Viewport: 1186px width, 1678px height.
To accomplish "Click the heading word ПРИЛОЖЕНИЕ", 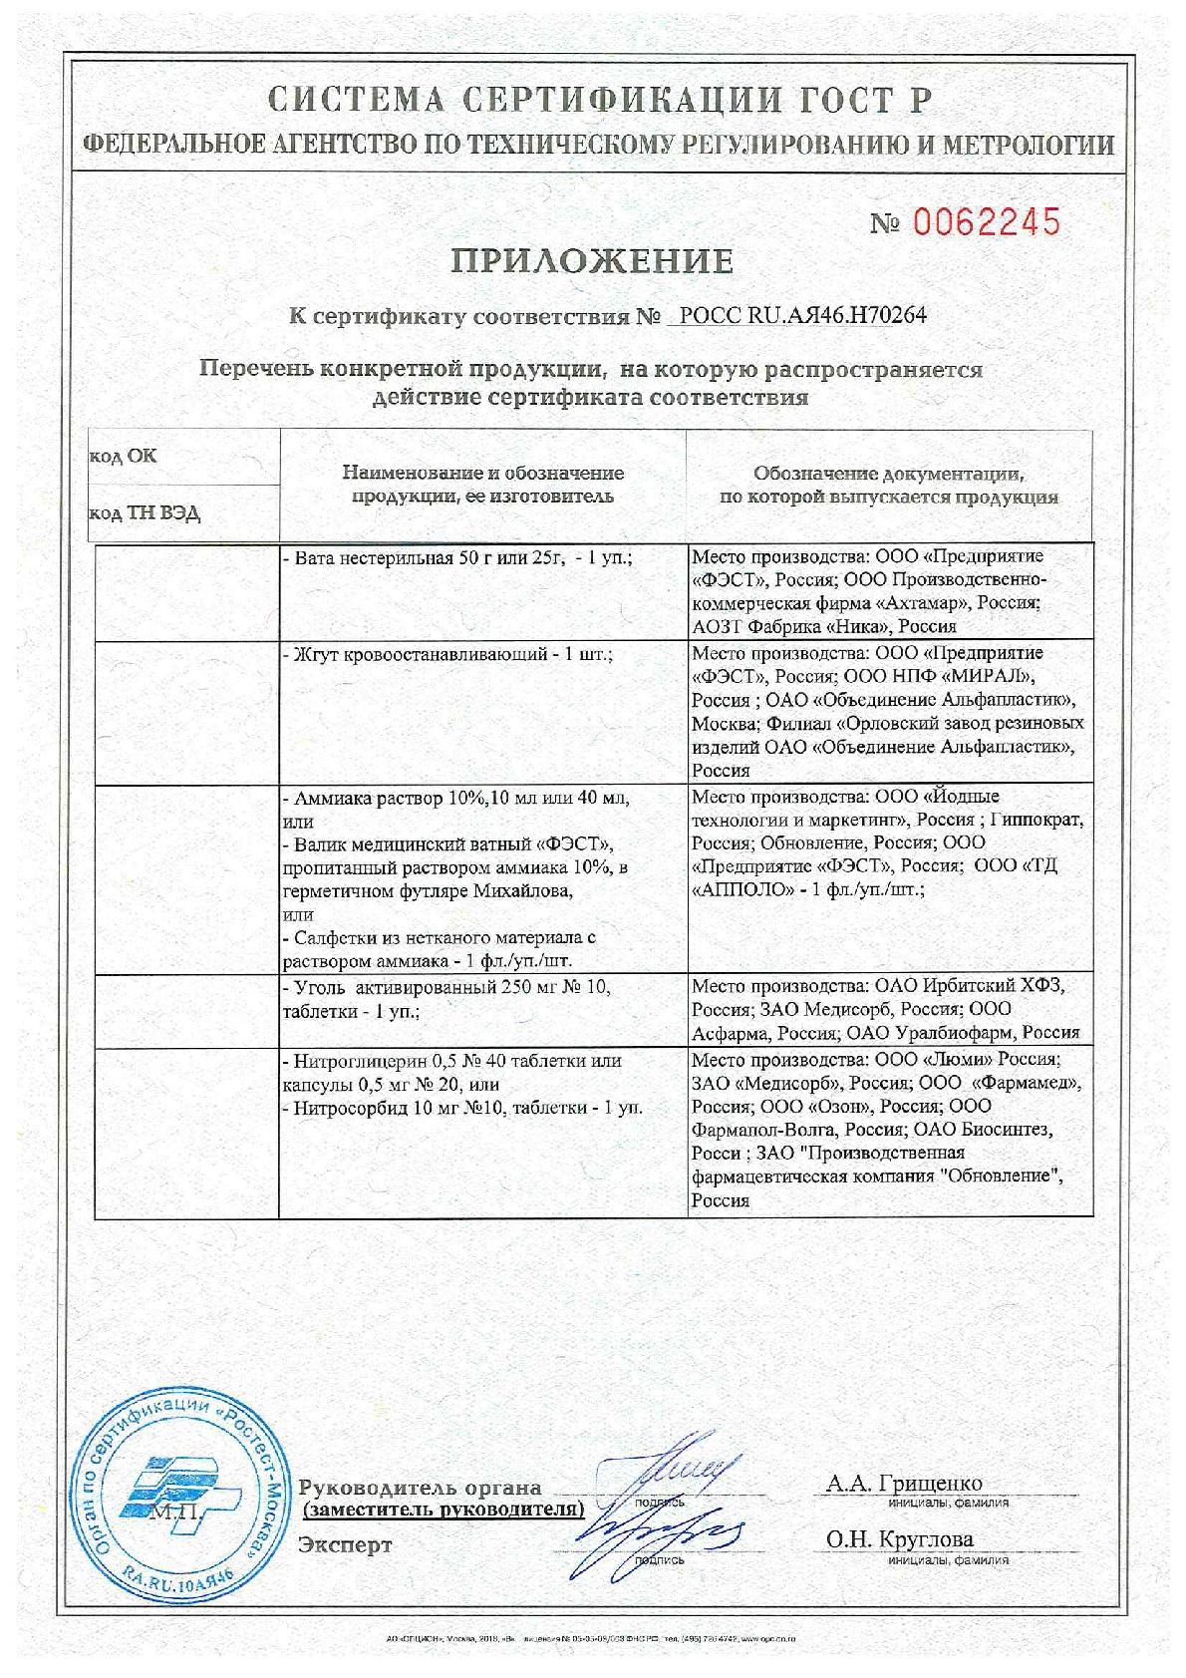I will pyautogui.click(x=593, y=261).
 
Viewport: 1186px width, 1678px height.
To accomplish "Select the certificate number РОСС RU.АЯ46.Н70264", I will pyautogui.click(x=802, y=316).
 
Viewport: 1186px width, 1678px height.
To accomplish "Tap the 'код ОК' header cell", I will pyautogui.click(x=124, y=457).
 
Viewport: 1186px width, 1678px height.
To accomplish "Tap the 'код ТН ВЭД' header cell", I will pyautogui.click(x=145, y=513).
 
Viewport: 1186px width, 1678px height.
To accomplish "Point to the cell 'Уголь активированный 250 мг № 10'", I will pyautogui.click(x=445, y=987).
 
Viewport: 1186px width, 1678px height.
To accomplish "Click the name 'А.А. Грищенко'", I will pyautogui.click(x=903, y=1484).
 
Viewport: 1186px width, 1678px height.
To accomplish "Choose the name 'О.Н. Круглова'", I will pyautogui.click(x=899, y=1539).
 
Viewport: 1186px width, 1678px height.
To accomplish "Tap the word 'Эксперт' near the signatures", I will pyautogui.click(x=345, y=1545).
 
